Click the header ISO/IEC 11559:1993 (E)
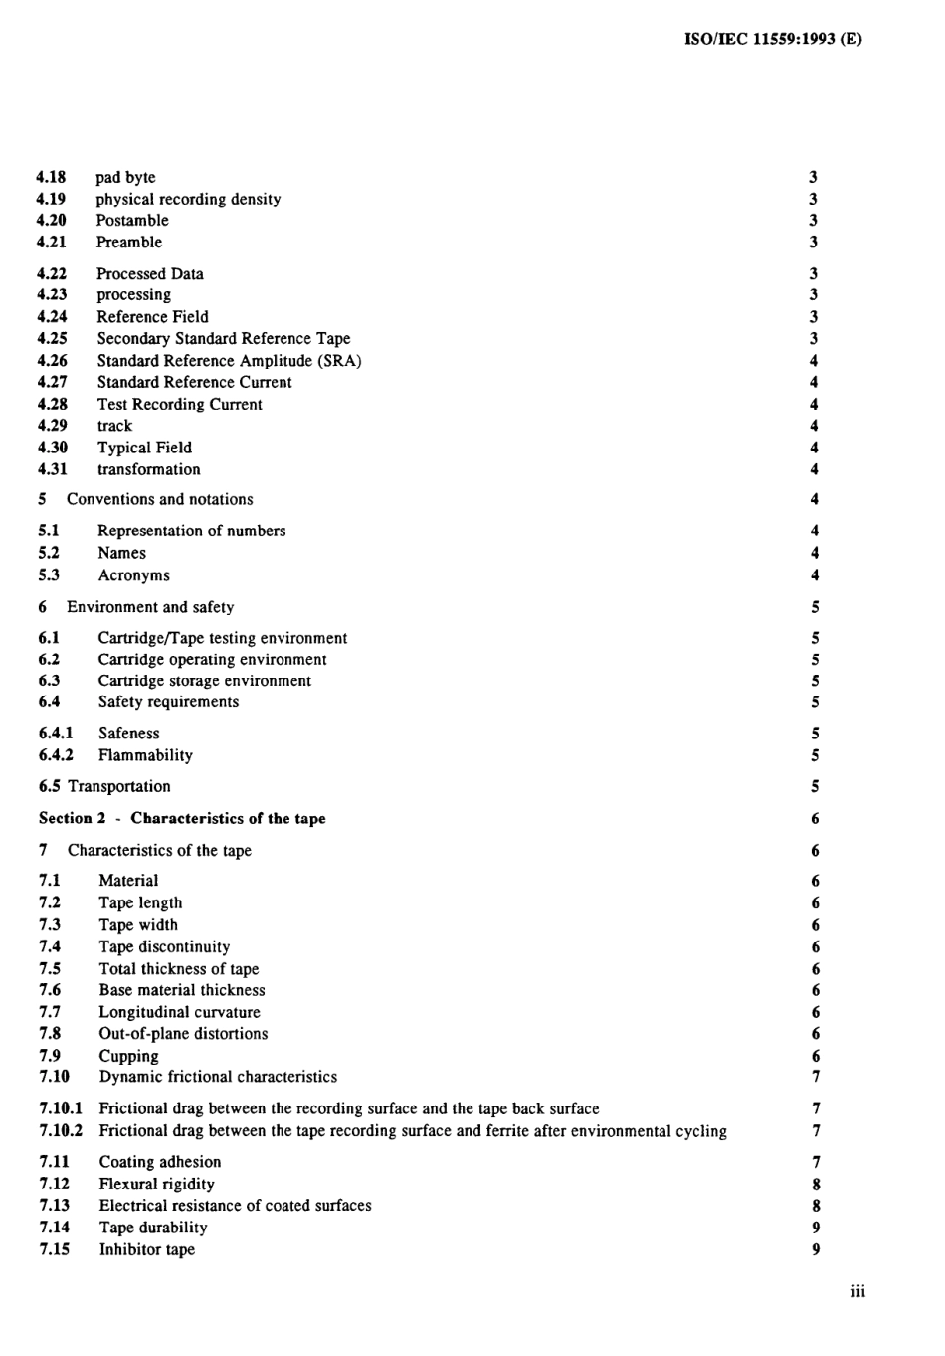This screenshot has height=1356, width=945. pos(773,40)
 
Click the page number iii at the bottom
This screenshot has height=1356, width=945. pos(857,1292)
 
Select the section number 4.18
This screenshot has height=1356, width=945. pos(51,177)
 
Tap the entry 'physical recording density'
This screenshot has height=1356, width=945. pos(188,199)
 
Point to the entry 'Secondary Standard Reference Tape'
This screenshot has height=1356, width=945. pos(224,338)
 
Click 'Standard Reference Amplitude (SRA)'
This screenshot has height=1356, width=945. pos(229,360)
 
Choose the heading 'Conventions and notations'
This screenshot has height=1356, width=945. pos(159,499)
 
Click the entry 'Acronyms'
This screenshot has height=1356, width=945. pos(133,575)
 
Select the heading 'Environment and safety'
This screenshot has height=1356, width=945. pos(150,607)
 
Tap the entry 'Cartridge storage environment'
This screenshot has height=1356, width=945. pos(204,681)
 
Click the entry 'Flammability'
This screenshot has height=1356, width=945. pos(145,755)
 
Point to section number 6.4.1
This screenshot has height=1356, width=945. pos(56,733)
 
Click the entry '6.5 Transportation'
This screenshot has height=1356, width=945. pos(104,786)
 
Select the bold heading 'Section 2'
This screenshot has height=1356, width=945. pos(73,818)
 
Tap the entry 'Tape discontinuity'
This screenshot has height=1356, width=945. pos(164,947)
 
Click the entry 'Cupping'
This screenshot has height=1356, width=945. pos(128,1056)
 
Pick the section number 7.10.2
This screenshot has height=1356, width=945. pos(61,1131)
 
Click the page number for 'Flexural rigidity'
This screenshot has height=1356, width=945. pos(816,1184)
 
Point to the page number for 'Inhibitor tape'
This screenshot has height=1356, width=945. pos(816,1249)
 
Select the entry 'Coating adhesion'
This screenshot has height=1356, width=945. pos(159,1162)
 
